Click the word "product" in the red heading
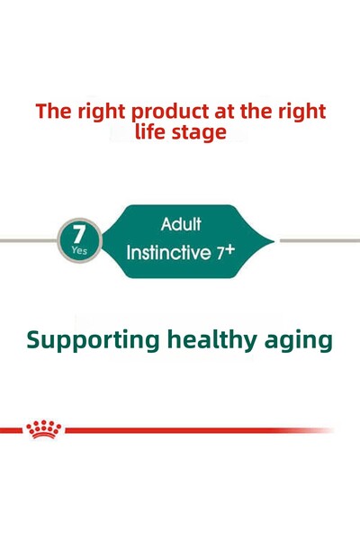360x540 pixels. [x=168, y=112]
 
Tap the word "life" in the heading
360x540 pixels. [x=153, y=132]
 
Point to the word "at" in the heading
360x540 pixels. [x=226, y=112]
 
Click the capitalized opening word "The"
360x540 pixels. [x=52, y=112]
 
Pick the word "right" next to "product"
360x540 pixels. [x=101, y=112]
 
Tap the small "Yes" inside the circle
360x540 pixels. [x=79, y=251]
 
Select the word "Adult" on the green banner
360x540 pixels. [x=181, y=223]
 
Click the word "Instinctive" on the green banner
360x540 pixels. [x=168, y=252]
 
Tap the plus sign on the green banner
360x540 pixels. [x=229, y=248]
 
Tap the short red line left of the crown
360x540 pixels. [x=11, y=430]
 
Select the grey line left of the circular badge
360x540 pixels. [x=27, y=240]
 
